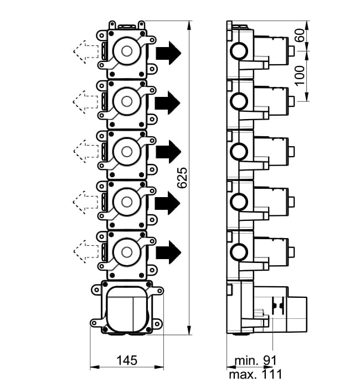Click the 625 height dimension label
tap(182, 178)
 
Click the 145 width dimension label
tap(127, 360)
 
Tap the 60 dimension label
tap(300, 35)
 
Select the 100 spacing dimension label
tap(300, 75)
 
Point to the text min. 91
tap(255, 360)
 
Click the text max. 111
tap(255, 374)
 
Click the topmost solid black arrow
tap(168, 53)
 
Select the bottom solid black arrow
tap(168, 252)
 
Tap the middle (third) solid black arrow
tap(168, 152)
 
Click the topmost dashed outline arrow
tap(85, 52)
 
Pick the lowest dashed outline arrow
tap(85, 251)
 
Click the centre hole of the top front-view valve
tap(127, 51)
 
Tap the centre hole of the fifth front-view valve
tap(127, 252)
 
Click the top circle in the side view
tap(239, 51)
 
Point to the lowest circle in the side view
tap(239, 251)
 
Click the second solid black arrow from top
tap(168, 102)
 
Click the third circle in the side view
tap(239, 151)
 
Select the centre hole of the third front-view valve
tap(127, 152)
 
